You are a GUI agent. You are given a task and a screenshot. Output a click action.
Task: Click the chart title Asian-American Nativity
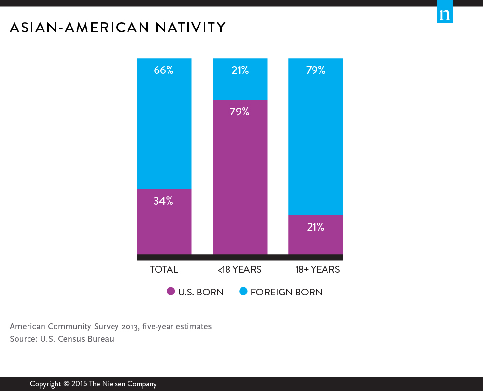[x=117, y=28]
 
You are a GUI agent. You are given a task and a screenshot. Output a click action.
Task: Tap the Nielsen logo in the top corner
[x=445, y=14]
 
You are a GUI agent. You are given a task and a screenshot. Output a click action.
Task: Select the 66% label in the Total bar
[x=164, y=70]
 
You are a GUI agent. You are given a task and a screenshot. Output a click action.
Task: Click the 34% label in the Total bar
[x=164, y=201]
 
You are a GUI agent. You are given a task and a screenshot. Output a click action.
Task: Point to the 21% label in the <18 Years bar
[x=240, y=70]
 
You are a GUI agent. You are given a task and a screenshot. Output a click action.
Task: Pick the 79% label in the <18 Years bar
[x=240, y=112]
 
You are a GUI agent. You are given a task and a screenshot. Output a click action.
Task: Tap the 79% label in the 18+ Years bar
[x=315, y=70]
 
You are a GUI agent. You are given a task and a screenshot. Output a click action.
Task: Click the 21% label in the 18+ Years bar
[x=315, y=227]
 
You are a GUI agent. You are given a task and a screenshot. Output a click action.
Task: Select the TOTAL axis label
[x=164, y=270]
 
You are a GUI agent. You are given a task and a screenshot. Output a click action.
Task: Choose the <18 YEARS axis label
[x=239, y=270]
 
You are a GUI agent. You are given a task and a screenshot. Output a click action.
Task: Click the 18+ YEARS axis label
[x=317, y=270]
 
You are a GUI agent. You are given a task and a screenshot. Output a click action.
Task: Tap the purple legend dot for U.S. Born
[x=170, y=292]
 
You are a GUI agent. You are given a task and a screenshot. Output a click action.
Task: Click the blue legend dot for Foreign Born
[x=243, y=292]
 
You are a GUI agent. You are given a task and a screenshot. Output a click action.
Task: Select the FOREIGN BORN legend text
[x=286, y=292]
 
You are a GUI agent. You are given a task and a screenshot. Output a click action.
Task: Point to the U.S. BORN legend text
[x=201, y=292]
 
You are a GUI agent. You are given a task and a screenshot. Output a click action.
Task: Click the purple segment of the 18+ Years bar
[x=315, y=241]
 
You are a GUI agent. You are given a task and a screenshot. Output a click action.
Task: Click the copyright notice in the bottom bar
[x=93, y=384]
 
